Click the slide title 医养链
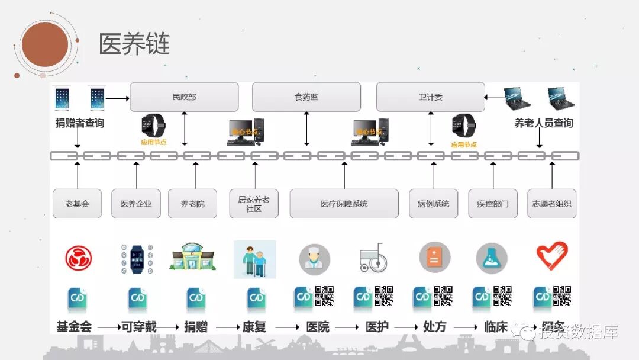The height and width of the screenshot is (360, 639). pyautogui.click(x=134, y=44)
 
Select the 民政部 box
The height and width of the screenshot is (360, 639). pyautogui.click(x=184, y=97)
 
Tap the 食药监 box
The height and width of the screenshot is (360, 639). pyautogui.click(x=306, y=97)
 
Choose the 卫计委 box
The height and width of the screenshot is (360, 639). pyautogui.click(x=430, y=97)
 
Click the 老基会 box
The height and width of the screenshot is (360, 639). pyautogui.click(x=77, y=204)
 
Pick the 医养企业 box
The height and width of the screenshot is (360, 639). pyautogui.click(x=136, y=204)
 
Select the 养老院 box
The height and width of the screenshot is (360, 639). pyautogui.click(x=193, y=204)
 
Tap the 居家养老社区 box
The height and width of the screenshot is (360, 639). pyautogui.click(x=254, y=204)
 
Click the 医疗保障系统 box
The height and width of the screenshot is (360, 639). pyautogui.click(x=344, y=204)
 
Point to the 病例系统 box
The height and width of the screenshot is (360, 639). pyautogui.click(x=433, y=204)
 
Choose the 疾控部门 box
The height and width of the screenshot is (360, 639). pyautogui.click(x=493, y=204)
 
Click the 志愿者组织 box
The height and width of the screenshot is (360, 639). pyautogui.click(x=552, y=204)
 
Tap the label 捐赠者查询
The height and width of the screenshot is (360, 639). pyautogui.click(x=80, y=123)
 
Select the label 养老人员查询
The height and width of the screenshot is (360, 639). pyautogui.click(x=543, y=123)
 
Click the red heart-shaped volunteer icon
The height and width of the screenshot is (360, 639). pyautogui.click(x=552, y=256)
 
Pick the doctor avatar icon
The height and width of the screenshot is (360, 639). pyautogui.click(x=314, y=259)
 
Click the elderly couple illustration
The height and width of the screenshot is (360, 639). pyautogui.click(x=255, y=259)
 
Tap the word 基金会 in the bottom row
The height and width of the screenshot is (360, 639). pyautogui.click(x=74, y=326)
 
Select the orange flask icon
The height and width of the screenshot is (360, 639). pyautogui.click(x=492, y=258)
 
